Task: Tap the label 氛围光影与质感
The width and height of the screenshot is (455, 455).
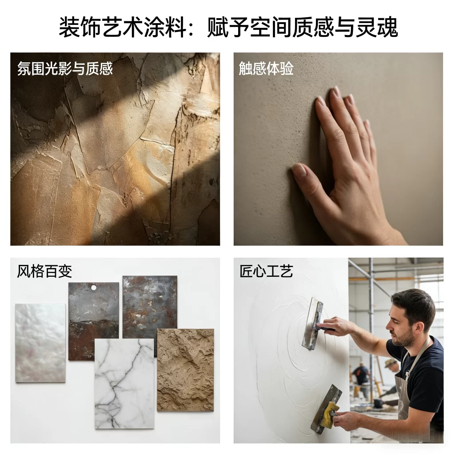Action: [x=65, y=68]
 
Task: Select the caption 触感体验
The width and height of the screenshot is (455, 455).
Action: [x=266, y=68]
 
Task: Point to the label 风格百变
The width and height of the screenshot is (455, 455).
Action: [x=44, y=271]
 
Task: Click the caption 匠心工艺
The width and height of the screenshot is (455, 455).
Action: [x=266, y=271]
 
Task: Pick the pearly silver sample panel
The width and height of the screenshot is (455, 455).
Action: [x=40, y=342]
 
